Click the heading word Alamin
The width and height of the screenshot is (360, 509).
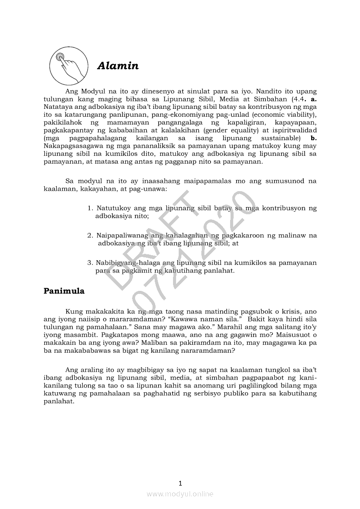[x=118, y=66]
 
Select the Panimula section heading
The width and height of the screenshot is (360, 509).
[x=64, y=291]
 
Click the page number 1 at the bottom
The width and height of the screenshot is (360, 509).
[x=180, y=483]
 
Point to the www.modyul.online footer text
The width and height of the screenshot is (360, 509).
[x=180, y=494]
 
